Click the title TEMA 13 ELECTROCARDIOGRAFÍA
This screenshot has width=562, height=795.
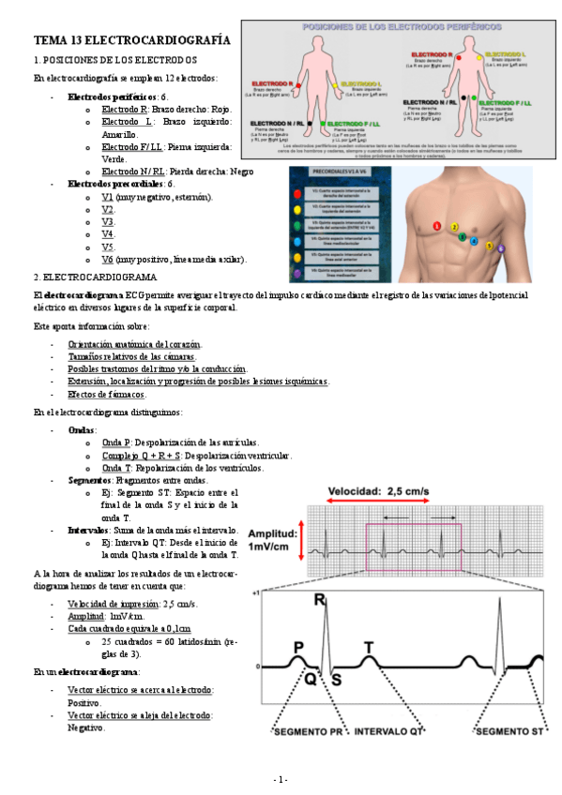[131, 41]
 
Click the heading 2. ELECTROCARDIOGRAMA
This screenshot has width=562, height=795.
[95, 277]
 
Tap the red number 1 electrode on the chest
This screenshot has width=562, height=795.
[436, 226]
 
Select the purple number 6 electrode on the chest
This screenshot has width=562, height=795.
[501, 248]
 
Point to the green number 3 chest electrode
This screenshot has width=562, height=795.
[463, 236]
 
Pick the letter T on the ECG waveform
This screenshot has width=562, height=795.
[369, 648]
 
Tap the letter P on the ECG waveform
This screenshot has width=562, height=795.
[298, 646]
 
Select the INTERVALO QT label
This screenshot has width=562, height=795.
[386, 731]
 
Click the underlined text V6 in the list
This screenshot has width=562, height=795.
[107, 259]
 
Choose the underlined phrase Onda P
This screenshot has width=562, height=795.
[117, 442]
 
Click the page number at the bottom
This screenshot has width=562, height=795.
[281, 780]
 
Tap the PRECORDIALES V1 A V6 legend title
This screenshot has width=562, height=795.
[336, 175]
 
